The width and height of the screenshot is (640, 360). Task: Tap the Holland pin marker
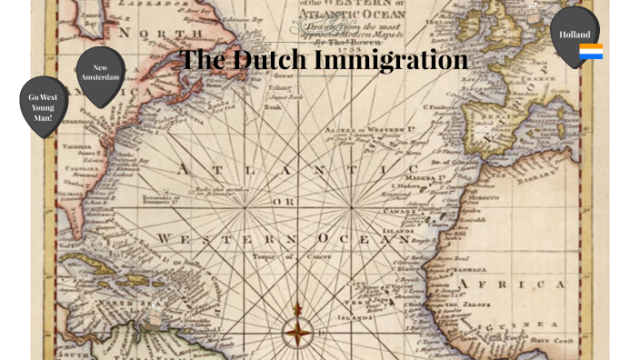click(575, 35)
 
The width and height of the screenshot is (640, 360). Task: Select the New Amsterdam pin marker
click(100, 74)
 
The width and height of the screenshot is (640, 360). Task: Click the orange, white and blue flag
click(591, 51)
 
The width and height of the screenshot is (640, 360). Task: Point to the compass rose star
click(297, 333)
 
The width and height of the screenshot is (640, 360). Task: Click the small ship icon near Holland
click(535, 11)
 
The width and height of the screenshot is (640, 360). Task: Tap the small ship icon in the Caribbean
click(154, 317)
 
